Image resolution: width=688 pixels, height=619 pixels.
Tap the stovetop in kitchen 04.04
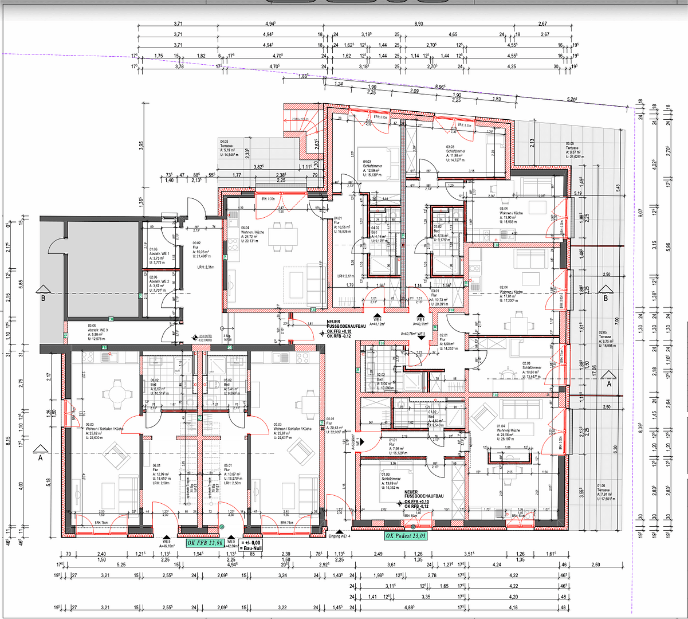233,244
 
